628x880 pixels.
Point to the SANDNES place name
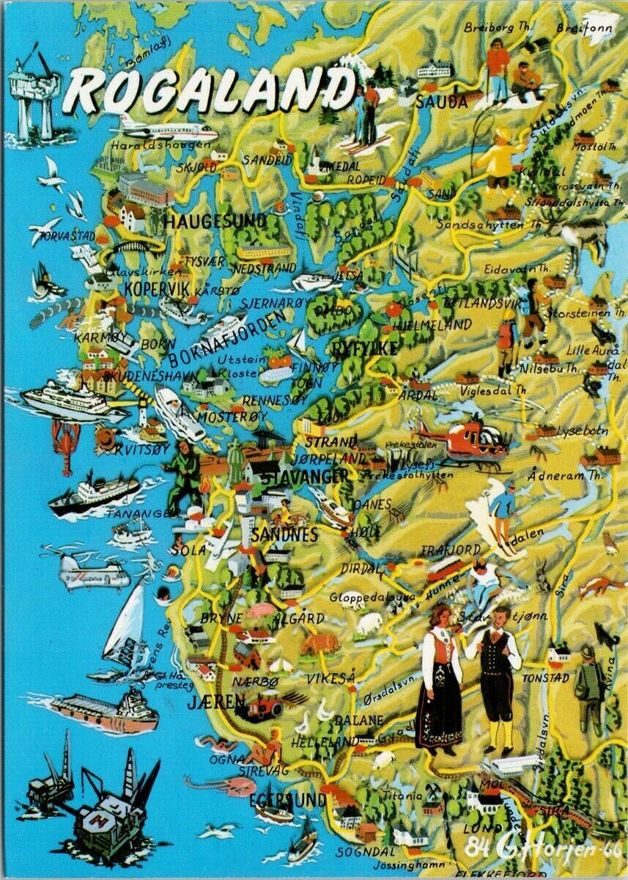[x=284, y=534]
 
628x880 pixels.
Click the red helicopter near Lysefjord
[x=469, y=439]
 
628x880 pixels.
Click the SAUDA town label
[x=441, y=102]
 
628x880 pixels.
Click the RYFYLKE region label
[x=364, y=348]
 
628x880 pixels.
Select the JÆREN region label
[x=217, y=702]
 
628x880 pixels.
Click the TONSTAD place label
[x=545, y=678]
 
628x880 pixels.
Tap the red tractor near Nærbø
[x=265, y=706]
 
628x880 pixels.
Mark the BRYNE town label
[x=221, y=618]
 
